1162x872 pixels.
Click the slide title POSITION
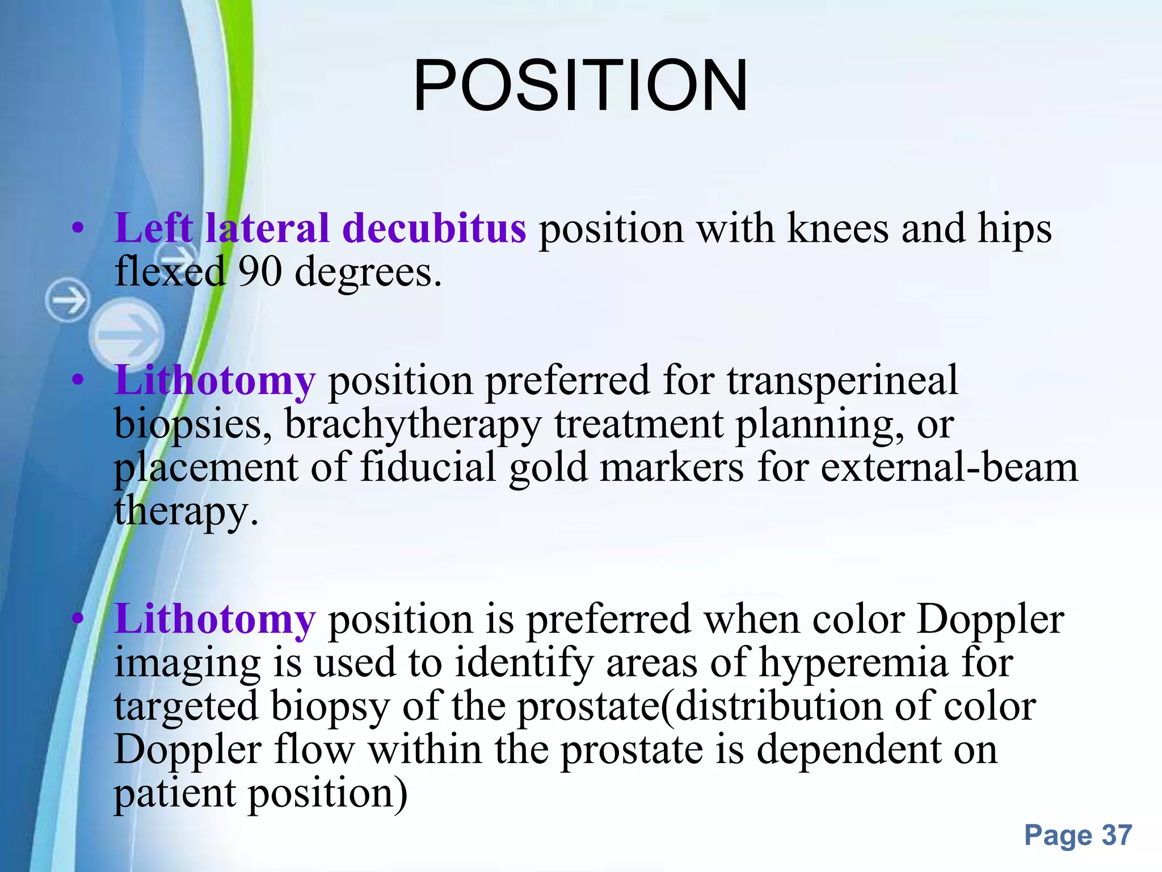coord(580,86)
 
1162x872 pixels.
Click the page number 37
coord(1117,835)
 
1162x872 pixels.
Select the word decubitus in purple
coord(434,228)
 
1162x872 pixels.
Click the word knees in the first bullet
coord(837,228)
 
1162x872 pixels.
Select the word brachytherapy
coord(412,425)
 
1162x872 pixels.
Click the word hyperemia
coord(853,663)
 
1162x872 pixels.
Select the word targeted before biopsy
coord(187,707)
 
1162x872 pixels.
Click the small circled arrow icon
coord(68,300)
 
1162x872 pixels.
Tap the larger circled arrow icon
coord(126,334)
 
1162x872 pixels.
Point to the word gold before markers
coord(548,468)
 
